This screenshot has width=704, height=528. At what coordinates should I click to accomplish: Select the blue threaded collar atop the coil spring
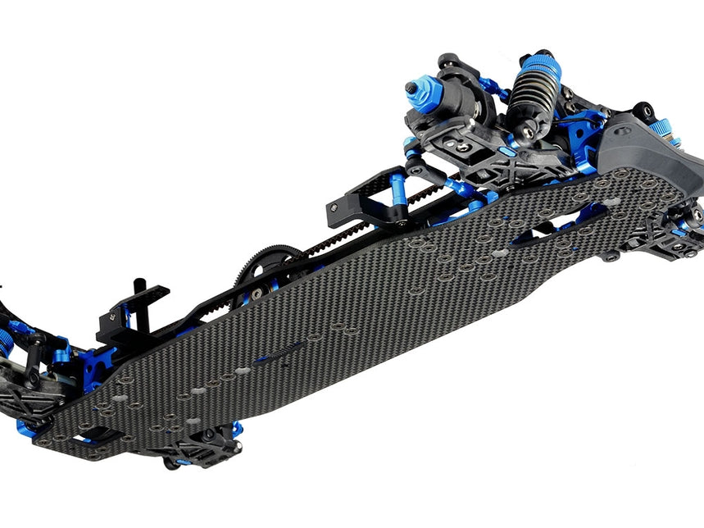(538, 65)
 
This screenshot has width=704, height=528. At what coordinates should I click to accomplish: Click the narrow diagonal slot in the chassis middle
(279, 353)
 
